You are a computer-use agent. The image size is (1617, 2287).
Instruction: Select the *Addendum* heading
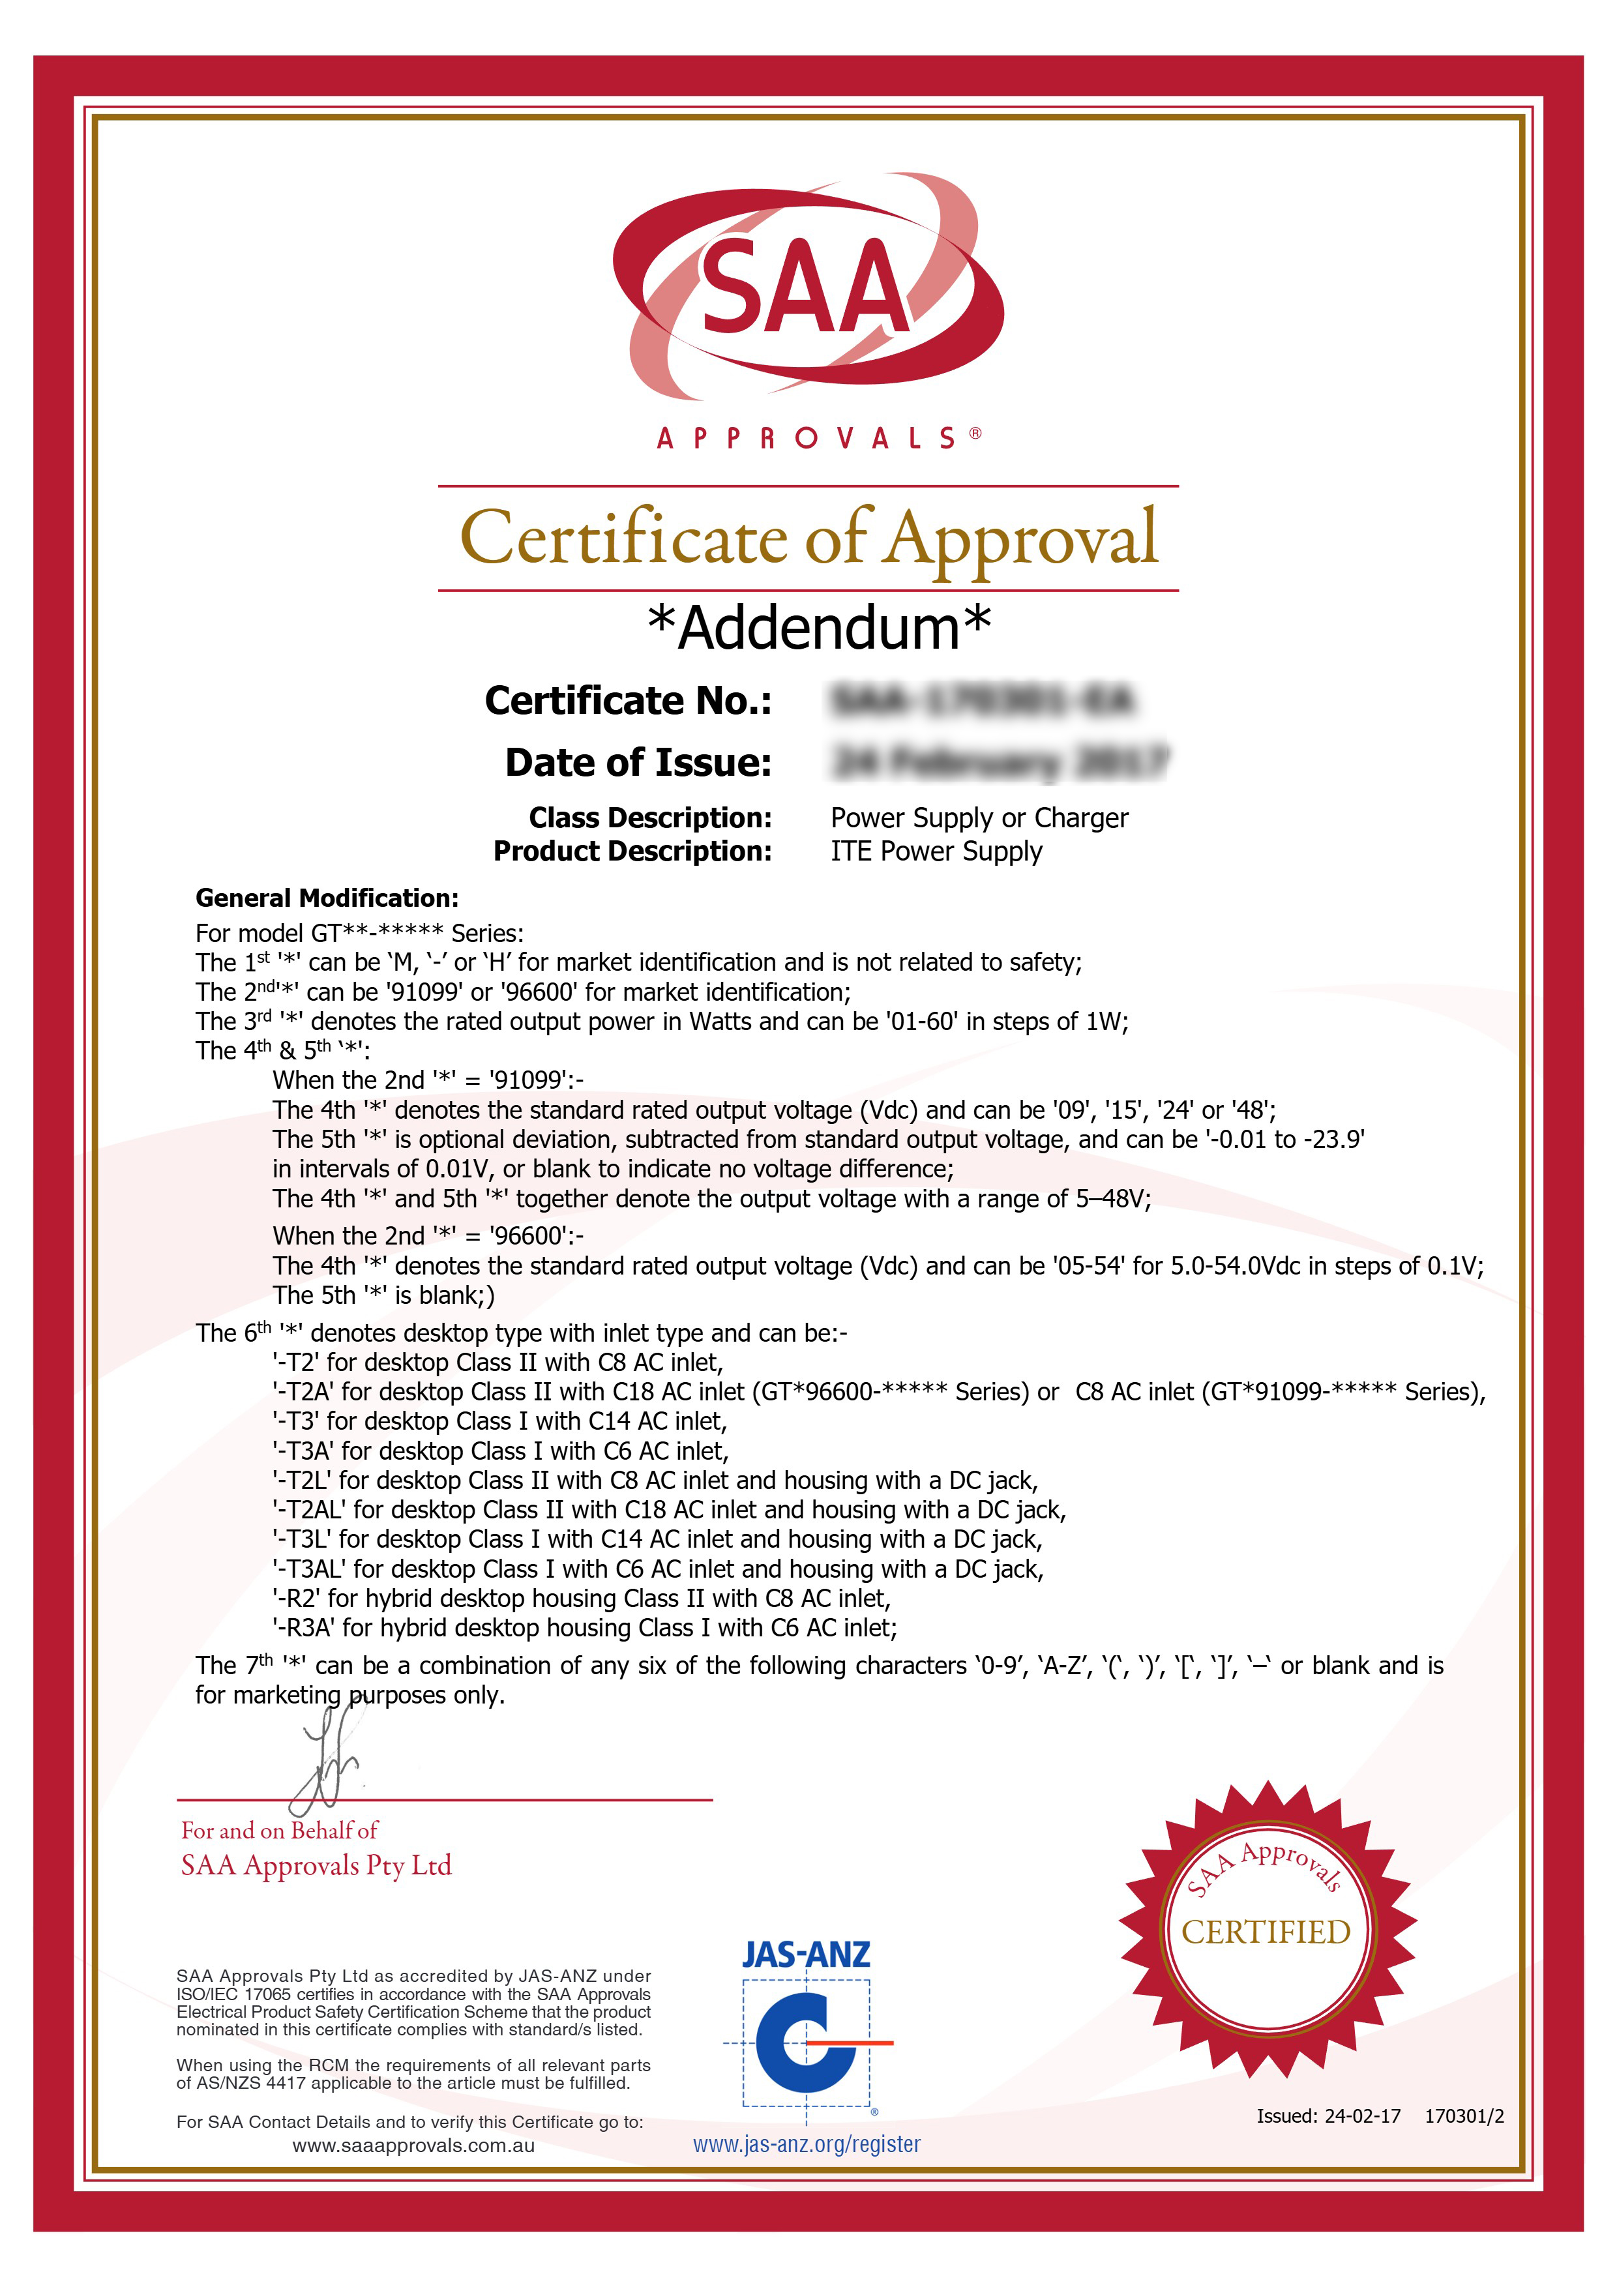[819, 628]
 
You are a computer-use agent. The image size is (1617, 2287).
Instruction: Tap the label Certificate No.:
[628, 701]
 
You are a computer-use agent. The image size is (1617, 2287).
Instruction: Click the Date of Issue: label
[638, 763]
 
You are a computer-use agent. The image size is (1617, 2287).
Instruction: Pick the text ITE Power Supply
[936, 851]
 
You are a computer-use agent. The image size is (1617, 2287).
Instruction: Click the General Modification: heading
[327, 898]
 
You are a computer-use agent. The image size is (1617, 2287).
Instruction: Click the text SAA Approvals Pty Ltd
[316, 1866]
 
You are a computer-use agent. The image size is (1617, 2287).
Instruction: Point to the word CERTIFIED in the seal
[1266, 1932]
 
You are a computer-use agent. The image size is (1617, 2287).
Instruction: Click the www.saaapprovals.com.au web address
[413, 2146]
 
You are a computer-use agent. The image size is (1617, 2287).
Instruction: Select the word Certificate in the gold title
[624, 539]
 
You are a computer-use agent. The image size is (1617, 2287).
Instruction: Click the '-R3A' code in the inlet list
[304, 1629]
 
